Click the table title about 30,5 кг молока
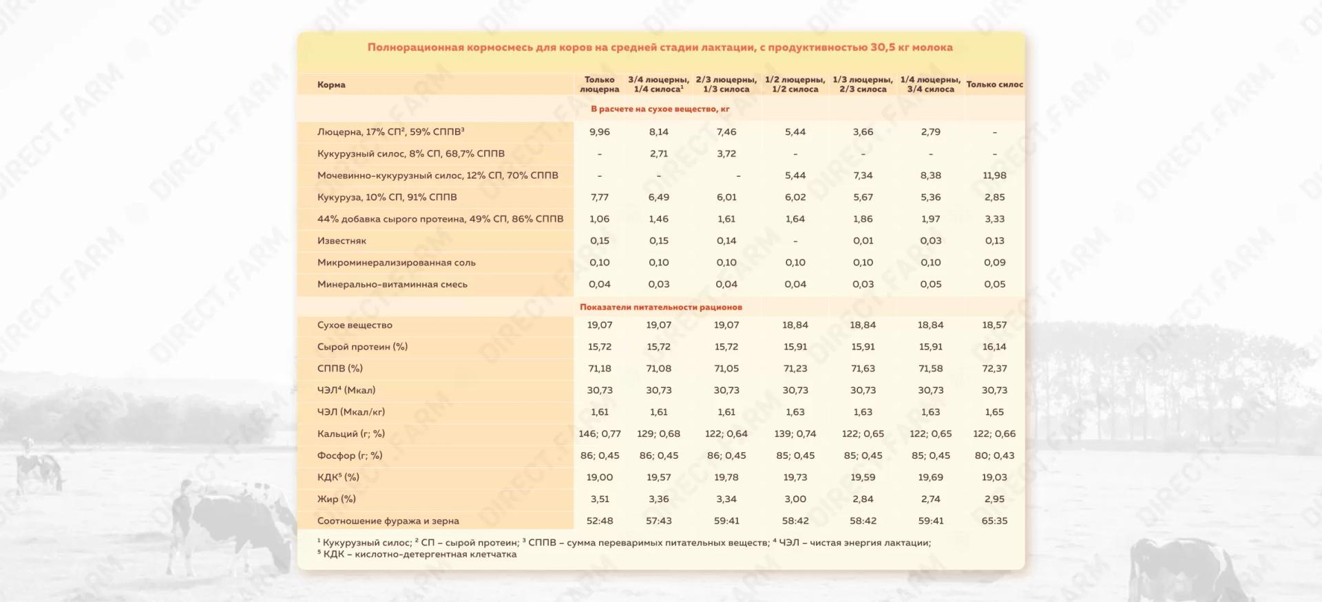click(x=660, y=47)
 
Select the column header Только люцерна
click(x=599, y=85)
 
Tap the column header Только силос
click(x=994, y=85)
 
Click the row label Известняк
click(x=342, y=241)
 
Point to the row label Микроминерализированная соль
click(x=396, y=263)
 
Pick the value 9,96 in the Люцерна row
click(x=599, y=132)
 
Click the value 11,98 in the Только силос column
click(x=994, y=175)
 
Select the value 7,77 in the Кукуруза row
click(x=599, y=197)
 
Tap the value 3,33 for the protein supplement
click(x=994, y=219)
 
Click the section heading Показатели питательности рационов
click(x=660, y=307)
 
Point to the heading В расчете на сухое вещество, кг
click(x=660, y=109)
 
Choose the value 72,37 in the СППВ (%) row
click(x=994, y=369)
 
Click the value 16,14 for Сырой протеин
click(x=994, y=347)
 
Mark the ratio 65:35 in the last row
click(x=994, y=521)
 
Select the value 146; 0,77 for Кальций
click(x=599, y=434)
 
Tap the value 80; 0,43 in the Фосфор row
click(x=994, y=455)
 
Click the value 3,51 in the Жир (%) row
click(x=599, y=499)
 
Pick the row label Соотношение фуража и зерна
click(x=388, y=521)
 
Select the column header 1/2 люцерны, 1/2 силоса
click(x=795, y=85)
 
